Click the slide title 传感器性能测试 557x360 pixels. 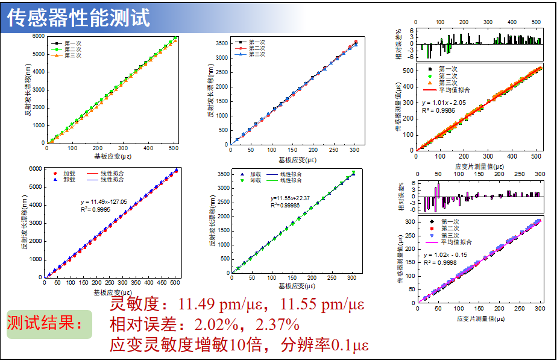[x=78, y=17]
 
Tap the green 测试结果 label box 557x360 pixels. [x=49, y=324]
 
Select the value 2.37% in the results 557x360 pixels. [x=278, y=325]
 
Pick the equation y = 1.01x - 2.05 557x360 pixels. [x=445, y=103]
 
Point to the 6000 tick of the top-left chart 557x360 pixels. [x=39, y=36]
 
